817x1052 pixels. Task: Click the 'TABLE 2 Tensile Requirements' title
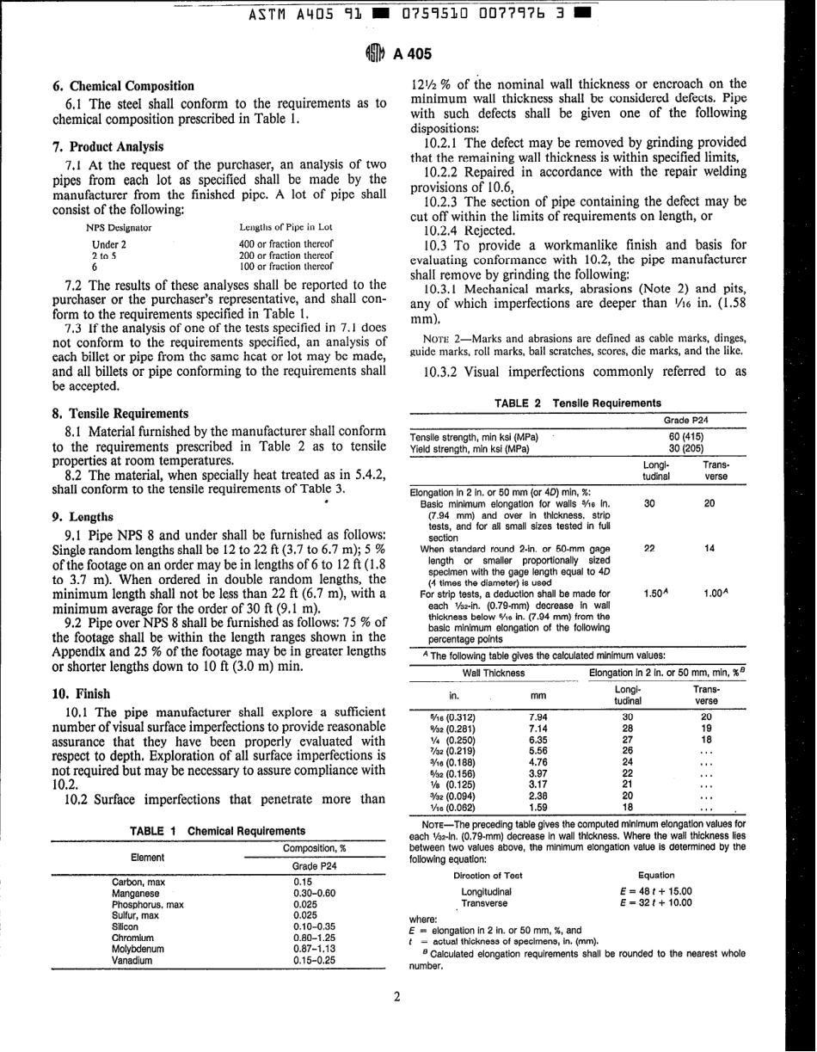[x=579, y=403]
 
